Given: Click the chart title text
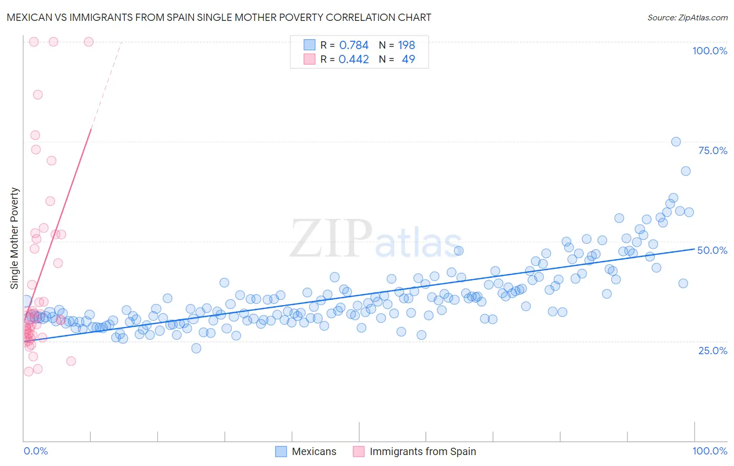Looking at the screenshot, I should click(219, 17).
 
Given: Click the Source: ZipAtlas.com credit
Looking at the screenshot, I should click(687, 17).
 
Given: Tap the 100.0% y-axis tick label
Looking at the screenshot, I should click(709, 51).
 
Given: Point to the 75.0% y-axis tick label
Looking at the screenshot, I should click(713, 150).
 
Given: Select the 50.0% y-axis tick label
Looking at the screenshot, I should click(712, 250).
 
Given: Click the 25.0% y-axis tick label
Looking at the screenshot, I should click(713, 350).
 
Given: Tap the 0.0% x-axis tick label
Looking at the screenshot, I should click(35, 451).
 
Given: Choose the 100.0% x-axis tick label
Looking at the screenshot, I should click(709, 451).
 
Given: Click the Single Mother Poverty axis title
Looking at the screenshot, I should click(15, 238).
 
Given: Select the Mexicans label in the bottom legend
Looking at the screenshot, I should click(314, 451).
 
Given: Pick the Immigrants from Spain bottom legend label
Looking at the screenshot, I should click(422, 451).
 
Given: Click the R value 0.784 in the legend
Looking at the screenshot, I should click(354, 45).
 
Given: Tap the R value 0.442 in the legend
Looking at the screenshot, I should click(354, 59).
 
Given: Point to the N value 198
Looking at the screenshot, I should click(406, 45).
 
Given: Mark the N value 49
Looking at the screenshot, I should click(408, 59).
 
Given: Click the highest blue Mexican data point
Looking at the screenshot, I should click(676, 142).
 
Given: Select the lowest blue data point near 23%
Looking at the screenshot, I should click(196, 348).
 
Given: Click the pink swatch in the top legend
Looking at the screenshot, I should click(310, 59).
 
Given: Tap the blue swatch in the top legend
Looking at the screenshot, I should click(310, 45).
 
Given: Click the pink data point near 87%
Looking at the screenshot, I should click(38, 95).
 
